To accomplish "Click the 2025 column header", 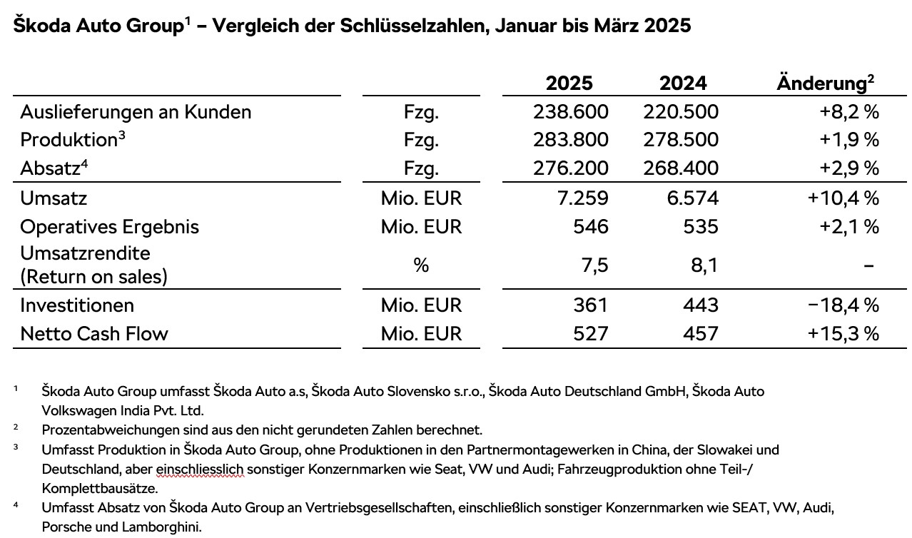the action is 569,83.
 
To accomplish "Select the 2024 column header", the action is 683,83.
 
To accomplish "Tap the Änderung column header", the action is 825,82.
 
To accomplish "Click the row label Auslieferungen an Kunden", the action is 136,111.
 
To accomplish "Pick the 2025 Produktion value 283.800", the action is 571,140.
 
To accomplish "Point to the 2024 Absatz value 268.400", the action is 681,168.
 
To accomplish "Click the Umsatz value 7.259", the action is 582,198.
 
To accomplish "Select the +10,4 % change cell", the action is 843,198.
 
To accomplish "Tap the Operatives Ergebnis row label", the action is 109,227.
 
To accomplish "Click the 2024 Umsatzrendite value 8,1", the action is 704,265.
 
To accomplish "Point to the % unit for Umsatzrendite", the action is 421,265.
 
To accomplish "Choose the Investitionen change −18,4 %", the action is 843,305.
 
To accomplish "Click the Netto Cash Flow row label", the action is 94,334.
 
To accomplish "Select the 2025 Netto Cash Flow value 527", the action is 591,334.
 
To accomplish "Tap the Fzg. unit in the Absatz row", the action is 422,168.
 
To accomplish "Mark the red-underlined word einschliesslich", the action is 200,470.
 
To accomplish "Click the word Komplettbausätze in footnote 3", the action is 100,488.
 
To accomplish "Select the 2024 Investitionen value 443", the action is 701,305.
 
